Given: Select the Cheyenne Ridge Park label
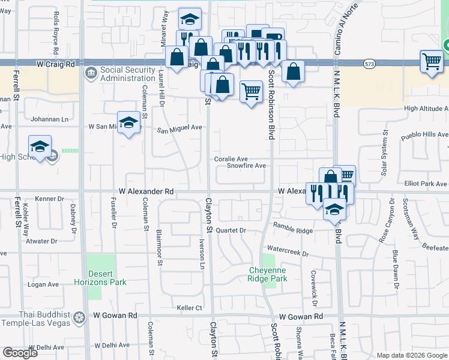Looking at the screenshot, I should click(268, 274).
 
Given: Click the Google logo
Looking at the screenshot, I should click(20, 353).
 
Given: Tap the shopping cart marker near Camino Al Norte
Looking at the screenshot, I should click(432, 61).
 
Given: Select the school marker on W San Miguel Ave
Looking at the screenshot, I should click(128, 124).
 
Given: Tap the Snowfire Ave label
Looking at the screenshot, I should click(246, 166).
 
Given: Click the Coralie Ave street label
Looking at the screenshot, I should click(231, 158).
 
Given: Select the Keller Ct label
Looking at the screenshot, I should click(189, 308).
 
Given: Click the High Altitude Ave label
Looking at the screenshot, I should click(426, 109).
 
